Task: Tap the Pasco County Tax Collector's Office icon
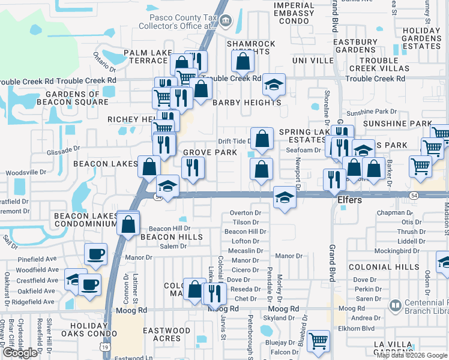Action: [225, 22]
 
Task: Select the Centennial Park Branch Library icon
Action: [395, 308]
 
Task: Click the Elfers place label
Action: [348, 200]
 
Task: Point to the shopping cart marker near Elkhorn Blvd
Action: [318, 340]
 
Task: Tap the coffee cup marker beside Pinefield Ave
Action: [95, 254]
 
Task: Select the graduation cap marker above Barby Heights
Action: [274, 85]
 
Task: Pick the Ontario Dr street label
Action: [103, 59]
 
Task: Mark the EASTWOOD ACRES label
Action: [166, 334]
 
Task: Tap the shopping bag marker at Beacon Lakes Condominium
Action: [128, 225]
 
